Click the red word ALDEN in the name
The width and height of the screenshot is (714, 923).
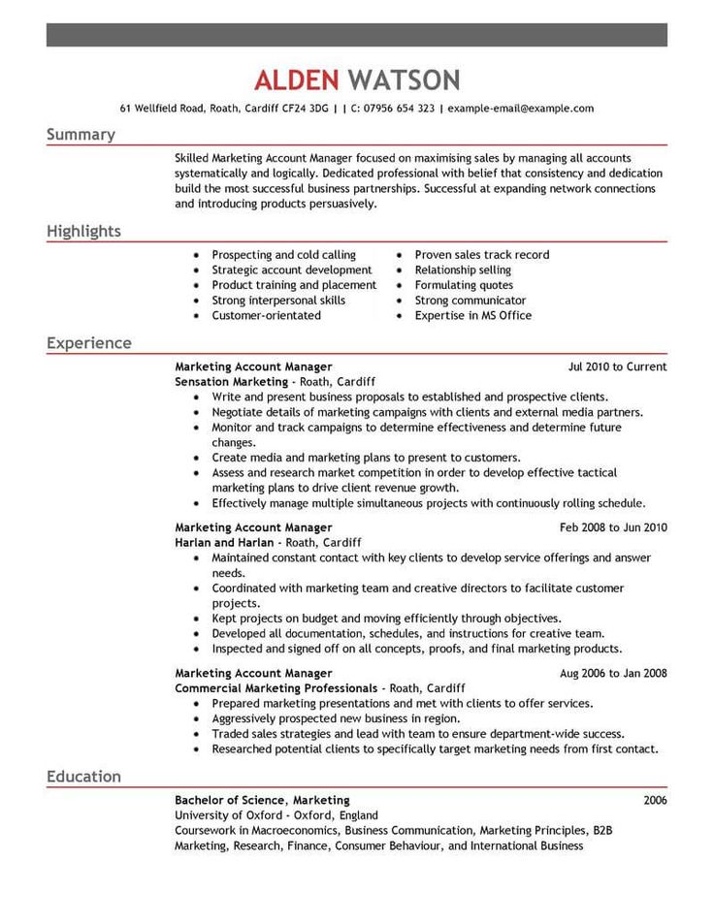[x=297, y=80]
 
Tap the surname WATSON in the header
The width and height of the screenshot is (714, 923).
[x=404, y=80]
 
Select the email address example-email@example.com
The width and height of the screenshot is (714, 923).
[x=521, y=109]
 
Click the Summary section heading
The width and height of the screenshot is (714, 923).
[x=81, y=135]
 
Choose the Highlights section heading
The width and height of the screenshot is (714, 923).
[x=83, y=231]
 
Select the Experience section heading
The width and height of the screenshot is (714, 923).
[x=89, y=343]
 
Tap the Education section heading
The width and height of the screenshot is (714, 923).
[x=83, y=777]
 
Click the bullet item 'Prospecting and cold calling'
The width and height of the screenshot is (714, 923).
[x=283, y=255]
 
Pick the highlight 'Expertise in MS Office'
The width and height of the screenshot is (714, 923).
[x=472, y=315]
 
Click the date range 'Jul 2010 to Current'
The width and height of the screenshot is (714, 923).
[x=617, y=367]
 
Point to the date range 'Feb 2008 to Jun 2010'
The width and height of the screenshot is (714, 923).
[x=613, y=528]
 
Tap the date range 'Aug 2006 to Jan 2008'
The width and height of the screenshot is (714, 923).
[x=613, y=673]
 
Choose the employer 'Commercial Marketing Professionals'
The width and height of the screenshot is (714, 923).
[x=276, y=687]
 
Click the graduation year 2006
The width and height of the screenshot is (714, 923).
[x=655, y=800]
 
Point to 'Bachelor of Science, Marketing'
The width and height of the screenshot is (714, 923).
[x=262, y=800]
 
